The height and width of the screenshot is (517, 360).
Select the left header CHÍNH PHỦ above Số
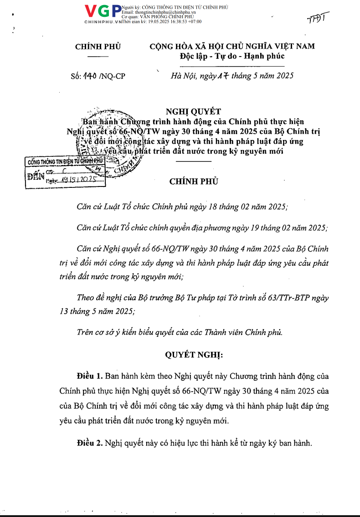coord(98,47)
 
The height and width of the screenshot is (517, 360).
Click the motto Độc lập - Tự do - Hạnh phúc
coord(232,56)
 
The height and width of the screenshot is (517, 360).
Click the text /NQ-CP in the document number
coord(112,77)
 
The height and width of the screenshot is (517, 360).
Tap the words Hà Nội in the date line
coord(182,76)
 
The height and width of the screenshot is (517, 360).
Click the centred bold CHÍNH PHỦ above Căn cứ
coord(194,181)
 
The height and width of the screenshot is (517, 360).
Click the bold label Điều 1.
coord(90,377)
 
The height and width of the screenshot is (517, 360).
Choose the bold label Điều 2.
coord(90,443)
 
